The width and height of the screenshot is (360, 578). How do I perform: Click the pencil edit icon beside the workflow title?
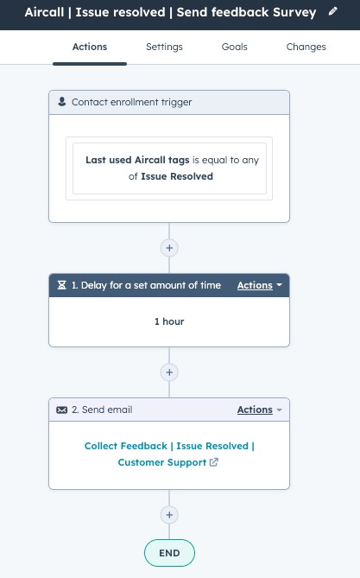click(x=332, y=11)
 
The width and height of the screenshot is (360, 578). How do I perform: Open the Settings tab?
click(x=164, y=47)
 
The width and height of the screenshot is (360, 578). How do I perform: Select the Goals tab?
click(x=234, y=47)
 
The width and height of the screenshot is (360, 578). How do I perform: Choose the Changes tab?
click(x=306, y=47)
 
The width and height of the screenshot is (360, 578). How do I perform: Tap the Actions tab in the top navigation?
click(x=90, y=47)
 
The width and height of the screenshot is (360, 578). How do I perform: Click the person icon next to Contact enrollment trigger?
click(x=62, y=102)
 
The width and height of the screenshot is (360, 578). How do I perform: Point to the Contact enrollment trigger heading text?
click(x=131, y=102)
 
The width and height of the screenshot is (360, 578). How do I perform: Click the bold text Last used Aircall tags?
click(x=137, y=160)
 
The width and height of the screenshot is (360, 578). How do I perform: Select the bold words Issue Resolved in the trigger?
click(x=177, y=176)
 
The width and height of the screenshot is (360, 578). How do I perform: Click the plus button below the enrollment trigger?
click(x=169, y=248)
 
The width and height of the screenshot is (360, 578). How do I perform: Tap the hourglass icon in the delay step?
click(x=62, y=285)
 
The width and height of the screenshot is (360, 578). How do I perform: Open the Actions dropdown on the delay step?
click(x=259, y=285)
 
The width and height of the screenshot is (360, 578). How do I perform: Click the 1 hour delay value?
click(x=169, y=321)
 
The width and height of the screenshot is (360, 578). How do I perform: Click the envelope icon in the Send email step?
click(x=61, y=410)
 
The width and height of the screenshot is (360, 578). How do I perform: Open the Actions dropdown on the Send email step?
click(x=259, y=410)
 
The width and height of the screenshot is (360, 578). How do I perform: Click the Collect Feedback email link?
click(x=169, y=454)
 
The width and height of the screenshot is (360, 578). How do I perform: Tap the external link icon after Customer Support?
click(x=214, y=462)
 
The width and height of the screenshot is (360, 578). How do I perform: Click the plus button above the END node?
click(x=169, y=515)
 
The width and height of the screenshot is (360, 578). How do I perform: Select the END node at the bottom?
click(x=169, y=553)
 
